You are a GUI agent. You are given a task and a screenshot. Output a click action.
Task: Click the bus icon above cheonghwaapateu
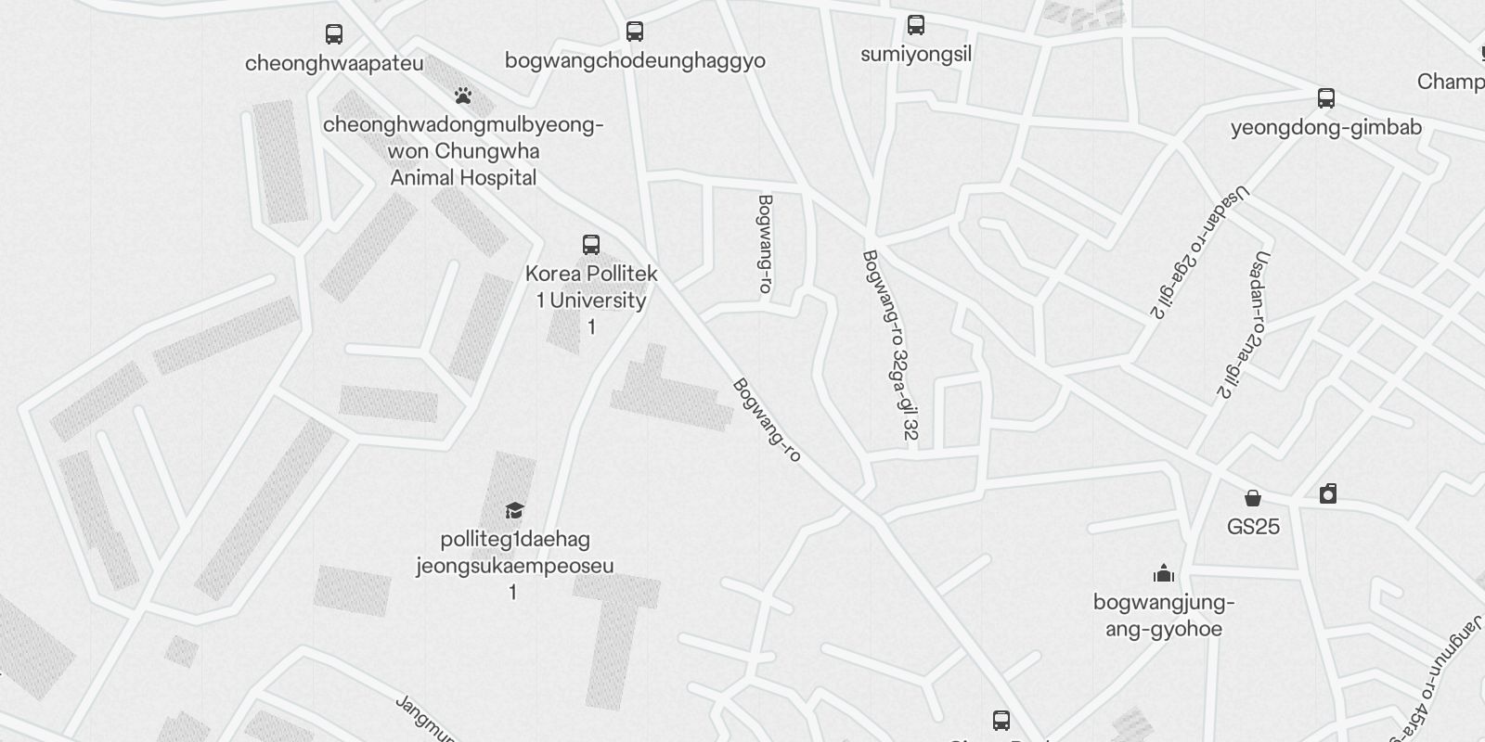[334, 34]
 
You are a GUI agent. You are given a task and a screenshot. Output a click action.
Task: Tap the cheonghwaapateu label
[334, 63]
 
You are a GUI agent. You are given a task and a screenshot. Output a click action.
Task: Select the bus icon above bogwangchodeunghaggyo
[635, 32]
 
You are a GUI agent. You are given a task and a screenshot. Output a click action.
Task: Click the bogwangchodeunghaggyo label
[635, 60]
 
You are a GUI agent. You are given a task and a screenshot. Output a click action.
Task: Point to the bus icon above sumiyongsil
[916, 25]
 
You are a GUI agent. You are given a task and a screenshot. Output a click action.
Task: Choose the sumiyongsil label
[916, 54]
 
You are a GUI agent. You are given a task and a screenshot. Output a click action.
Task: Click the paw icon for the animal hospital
[463, 95]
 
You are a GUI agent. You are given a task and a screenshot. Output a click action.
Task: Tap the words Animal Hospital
[463, 177]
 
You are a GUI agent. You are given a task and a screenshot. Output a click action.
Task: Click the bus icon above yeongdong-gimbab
[1326, 98]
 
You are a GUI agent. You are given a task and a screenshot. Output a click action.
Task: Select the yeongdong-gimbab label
[1326, 127]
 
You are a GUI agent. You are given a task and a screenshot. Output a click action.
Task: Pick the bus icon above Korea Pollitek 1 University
[591, 245]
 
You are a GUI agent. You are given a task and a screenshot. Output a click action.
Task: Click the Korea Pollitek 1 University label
[591, 287]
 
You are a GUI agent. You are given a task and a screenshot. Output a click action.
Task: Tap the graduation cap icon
[515, 510]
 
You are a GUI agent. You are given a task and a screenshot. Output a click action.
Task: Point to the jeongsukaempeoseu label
[515, 566]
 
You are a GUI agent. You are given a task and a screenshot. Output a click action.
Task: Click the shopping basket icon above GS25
[1253, 498]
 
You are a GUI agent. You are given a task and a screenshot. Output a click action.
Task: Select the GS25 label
[1253, 527]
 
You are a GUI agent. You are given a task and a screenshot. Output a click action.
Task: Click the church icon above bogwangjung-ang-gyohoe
[1164, 573]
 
